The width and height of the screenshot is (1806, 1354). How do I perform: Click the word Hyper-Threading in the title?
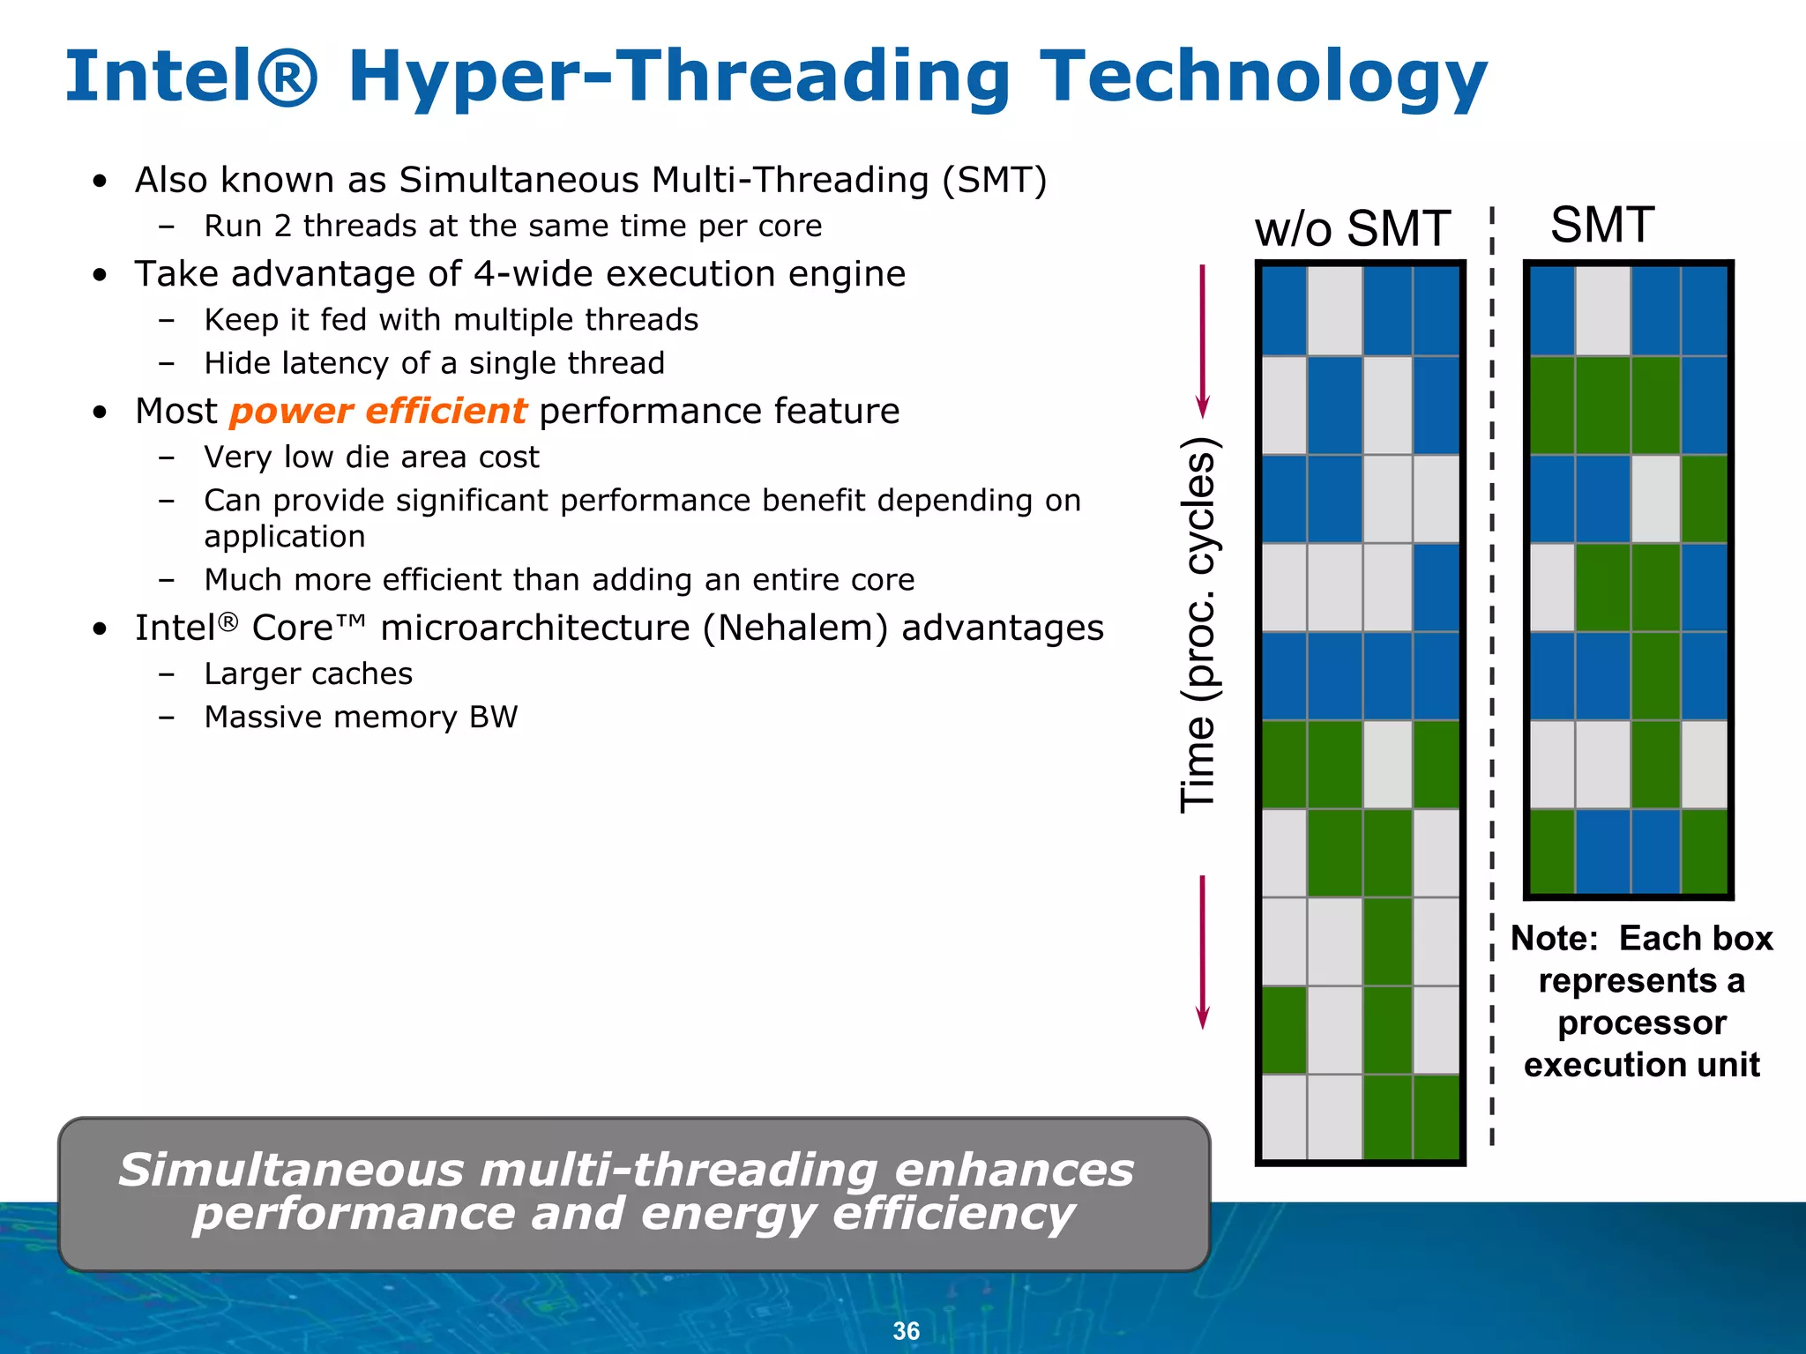pos(678,78)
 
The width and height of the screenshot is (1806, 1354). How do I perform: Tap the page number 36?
pos(906,1330)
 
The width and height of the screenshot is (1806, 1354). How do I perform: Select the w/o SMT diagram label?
pos(1352,229)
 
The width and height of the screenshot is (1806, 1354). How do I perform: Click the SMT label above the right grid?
pos(1601,226)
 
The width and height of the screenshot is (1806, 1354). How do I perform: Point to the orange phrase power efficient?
pos(377,412)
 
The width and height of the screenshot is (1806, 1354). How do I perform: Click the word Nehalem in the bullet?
pos(795,629)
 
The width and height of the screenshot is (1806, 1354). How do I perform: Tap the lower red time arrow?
pos(1202,952)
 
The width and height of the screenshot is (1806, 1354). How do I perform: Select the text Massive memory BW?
pos(361,718)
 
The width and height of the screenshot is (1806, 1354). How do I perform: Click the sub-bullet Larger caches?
pos(308,674)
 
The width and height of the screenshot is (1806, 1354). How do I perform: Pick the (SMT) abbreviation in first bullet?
pos(994,181)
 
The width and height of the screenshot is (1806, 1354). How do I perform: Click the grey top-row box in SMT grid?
pos(1602,311)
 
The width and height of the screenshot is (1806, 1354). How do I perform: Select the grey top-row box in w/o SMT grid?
pos(1334,311)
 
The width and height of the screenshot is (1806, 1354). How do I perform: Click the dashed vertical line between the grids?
pos(1492,670)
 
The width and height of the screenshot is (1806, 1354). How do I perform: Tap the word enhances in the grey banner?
pos(1014,1171)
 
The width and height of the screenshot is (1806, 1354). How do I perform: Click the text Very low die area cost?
pos(371,458)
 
